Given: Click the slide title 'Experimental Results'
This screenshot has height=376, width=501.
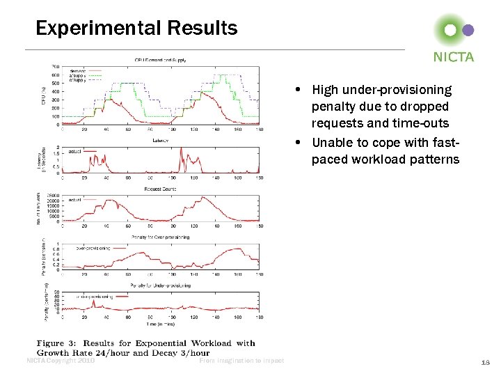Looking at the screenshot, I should pos(136,29).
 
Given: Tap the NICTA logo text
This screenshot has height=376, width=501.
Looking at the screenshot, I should pos(453,57).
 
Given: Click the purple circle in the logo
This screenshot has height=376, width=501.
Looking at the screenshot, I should pos(468,30).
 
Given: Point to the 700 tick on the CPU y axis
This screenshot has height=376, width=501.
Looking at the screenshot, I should pos(55,67).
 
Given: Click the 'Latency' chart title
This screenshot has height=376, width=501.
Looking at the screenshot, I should pos(160,140).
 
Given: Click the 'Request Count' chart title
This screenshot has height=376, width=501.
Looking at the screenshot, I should pos(160,189).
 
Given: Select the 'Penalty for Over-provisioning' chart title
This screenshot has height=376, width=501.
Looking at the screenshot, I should pos(160,237).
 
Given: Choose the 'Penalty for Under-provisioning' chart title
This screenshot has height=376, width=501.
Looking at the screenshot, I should pos(160,285).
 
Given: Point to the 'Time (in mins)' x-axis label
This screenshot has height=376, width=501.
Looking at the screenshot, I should pos(160,325).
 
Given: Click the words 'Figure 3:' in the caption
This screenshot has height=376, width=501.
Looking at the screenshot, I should pos(60,343).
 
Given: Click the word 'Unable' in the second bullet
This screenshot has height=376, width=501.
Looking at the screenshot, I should pos(330,143).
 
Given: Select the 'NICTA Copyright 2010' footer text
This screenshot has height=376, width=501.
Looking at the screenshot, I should pos(60,361).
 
